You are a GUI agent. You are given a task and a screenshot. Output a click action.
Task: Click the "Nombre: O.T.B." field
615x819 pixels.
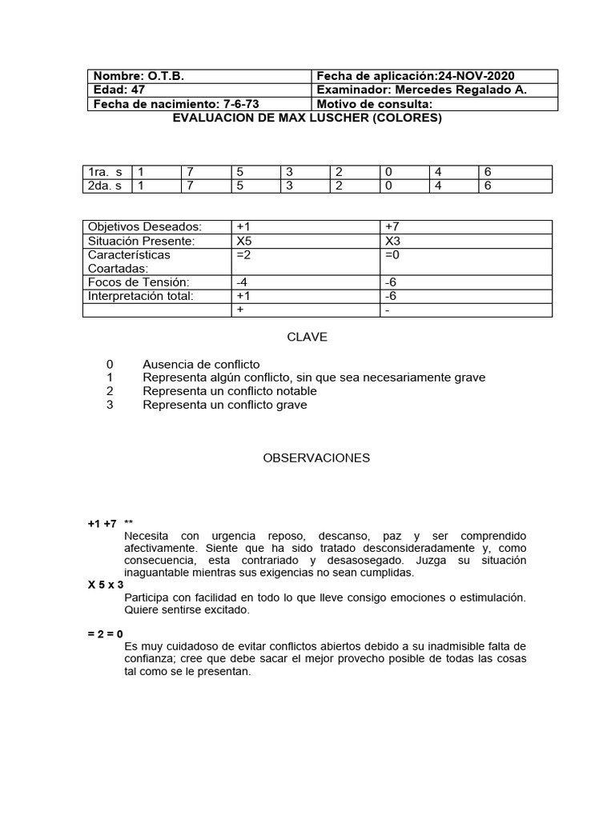pos(139,76)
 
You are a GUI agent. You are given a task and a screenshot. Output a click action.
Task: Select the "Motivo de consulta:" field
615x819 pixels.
pos(375,104)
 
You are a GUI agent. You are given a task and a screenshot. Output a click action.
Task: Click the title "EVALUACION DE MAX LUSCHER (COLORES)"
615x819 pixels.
pos(307,118)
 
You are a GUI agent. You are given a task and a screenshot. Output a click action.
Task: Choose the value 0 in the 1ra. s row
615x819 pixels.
pos(388,172)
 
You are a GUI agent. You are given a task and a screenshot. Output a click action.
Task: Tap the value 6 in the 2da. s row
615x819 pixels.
pos(488,186)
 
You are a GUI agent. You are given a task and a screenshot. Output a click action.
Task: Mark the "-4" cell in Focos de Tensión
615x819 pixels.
pos(242,282)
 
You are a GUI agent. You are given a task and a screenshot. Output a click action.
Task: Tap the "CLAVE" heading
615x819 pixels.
pos(307,338)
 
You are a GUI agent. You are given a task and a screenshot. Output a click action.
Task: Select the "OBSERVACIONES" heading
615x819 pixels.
pos(317,458)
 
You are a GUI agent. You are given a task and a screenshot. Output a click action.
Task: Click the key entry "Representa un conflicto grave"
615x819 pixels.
pos(225,405)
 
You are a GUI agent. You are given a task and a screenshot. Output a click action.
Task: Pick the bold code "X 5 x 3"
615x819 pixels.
pos(106,585)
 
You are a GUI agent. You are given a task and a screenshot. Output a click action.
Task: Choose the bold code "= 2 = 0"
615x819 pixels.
pos(106,633)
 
